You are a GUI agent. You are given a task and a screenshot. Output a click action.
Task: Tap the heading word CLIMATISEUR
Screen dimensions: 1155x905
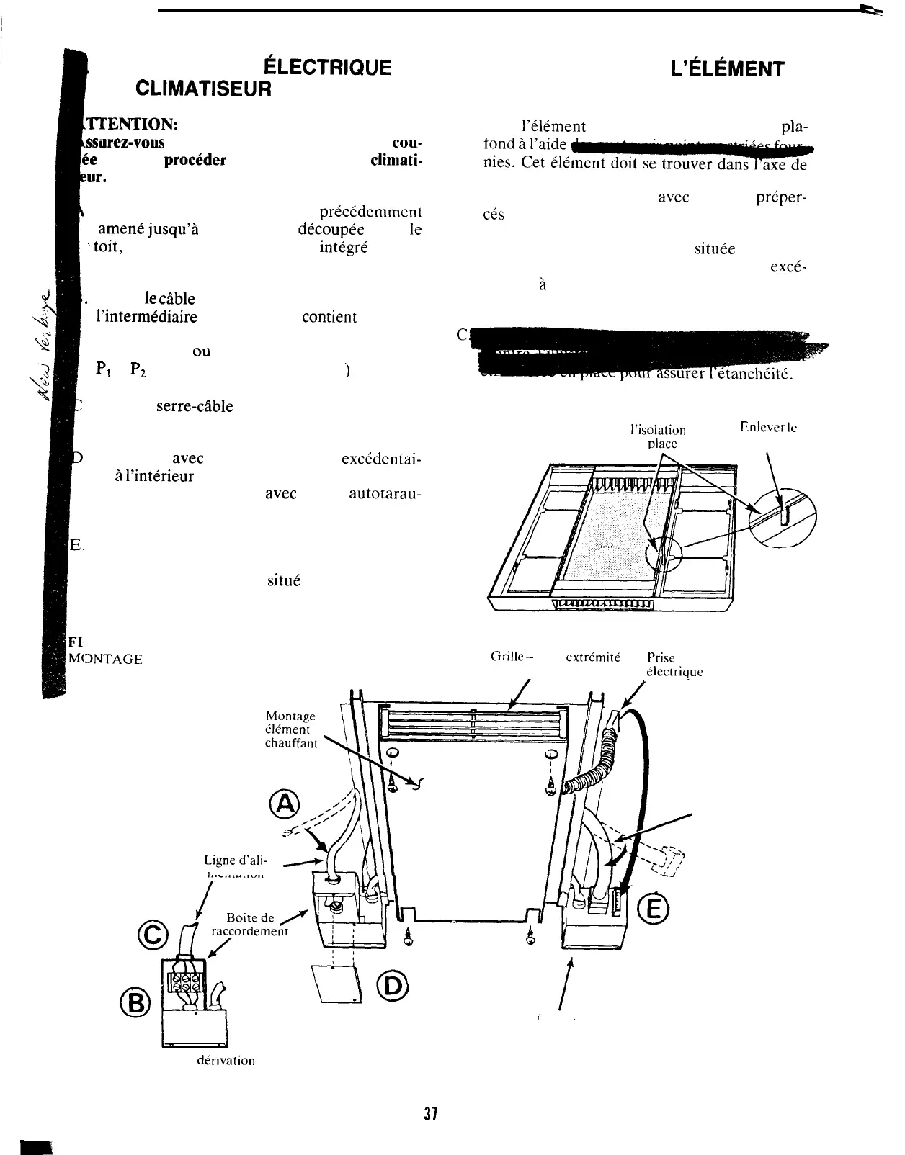click(x=204, y=89)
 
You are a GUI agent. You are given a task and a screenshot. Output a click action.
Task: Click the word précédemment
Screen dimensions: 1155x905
click(x=370, y=212)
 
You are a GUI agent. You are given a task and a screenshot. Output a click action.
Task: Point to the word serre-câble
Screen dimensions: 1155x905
click(x=195, y=406)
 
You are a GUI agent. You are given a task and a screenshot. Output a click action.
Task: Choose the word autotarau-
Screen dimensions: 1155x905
click(x=385, y=495)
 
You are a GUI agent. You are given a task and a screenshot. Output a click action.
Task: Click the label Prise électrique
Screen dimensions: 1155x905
click(x=673, y=664)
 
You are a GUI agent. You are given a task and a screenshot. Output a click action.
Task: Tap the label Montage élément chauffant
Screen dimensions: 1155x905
click(x=291, y=729)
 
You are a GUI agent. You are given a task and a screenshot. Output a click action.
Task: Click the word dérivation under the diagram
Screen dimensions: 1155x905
click(x=226, y=1061)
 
